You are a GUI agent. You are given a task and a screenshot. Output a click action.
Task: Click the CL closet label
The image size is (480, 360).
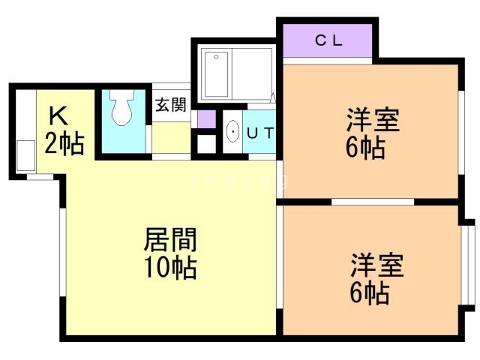[328, 41]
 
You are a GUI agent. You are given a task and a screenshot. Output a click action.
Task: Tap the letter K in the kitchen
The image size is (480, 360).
[59, 116]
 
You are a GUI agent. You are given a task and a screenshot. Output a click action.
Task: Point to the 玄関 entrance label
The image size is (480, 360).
[171, 105]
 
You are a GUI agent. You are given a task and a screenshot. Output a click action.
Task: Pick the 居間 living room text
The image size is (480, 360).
[170, 241]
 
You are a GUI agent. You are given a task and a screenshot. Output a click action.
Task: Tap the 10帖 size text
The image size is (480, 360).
[170, 266]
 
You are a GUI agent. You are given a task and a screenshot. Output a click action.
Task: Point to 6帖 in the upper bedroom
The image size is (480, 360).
[365, 148]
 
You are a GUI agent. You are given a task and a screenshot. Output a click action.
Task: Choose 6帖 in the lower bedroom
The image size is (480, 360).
[369, 292]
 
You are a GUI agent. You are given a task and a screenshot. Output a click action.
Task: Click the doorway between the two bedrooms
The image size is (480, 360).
[373, 201]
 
